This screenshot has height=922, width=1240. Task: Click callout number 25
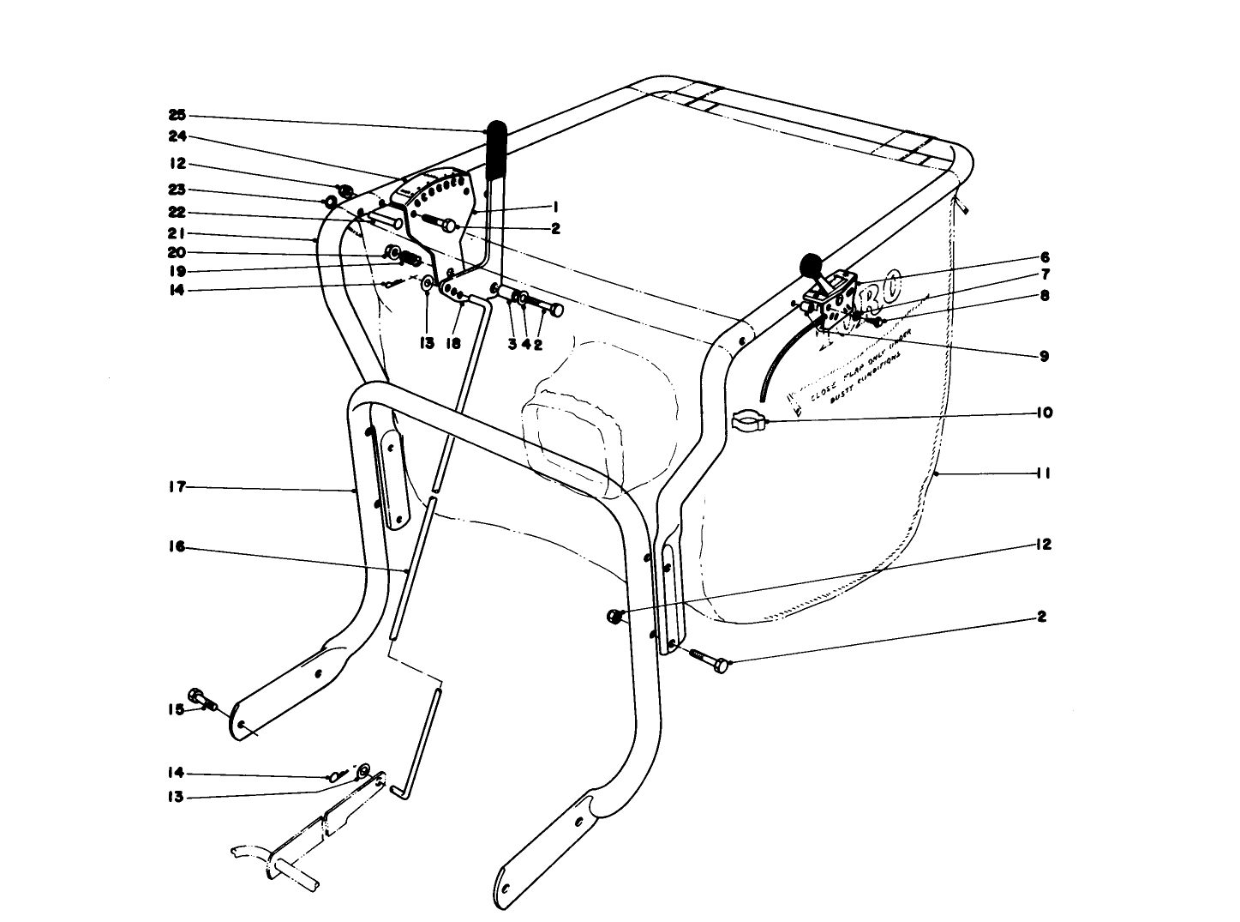point(177,115)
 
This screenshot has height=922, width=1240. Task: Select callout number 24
point(177,137)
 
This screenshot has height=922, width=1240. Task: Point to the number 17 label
point(177,487)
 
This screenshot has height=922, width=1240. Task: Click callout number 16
point(177,548)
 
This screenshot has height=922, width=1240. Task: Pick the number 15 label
point(175,709)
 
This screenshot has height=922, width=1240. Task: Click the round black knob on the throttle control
point(810,265)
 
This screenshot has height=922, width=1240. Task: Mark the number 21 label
point(177,233)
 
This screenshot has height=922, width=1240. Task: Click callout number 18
point(453,344)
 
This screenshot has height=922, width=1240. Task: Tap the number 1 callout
point(555,207)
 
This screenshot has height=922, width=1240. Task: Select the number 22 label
point(177,212)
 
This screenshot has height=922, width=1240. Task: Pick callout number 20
point(177,252)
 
